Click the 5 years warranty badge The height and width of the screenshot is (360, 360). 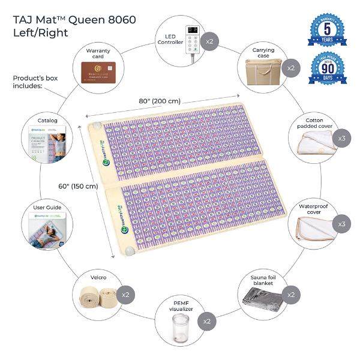point(326,31)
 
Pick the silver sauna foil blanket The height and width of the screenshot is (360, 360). point(260,298)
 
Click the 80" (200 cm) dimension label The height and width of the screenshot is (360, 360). point(160,101)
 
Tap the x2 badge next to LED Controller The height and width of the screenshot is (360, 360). point(211,43)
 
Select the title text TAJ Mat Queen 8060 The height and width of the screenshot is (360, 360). point(74,19)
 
